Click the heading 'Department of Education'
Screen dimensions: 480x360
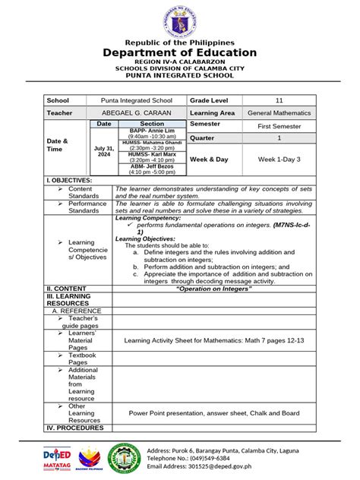pyautogui.click(x=180, y=52)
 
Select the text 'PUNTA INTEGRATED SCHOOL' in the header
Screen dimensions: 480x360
pyautogui.click(x=180, y=77)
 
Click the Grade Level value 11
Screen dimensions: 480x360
pyautogui.click(x=279, y=100)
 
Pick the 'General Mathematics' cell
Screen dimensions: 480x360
pyautogui.click(x=279, y=112)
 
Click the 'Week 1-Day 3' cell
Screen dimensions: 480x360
pyautogui.click(x=279, y=159)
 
